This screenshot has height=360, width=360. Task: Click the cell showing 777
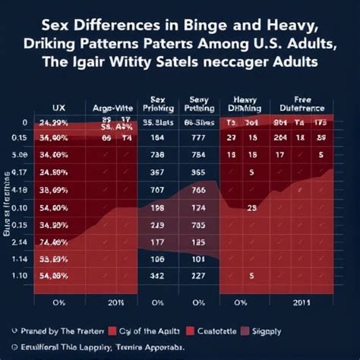pos(200,137)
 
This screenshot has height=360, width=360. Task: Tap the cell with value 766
pos(200,190)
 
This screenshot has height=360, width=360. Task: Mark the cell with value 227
pos(200,276)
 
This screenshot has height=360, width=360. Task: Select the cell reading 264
pos(281,137)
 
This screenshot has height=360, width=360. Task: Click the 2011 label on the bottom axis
pos(302,301)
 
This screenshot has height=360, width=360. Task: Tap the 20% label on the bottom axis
pos(115,301)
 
